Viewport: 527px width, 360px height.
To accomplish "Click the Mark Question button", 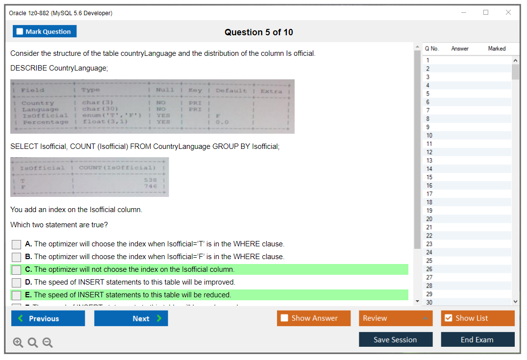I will [x=45, y=31].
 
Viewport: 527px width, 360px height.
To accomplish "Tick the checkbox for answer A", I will [x=17, y=244].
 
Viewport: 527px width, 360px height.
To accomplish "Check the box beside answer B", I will [x=17, y=257].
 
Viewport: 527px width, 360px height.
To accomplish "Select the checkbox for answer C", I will [x=17, y=270].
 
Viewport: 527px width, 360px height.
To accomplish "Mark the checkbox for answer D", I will [x=17, y=283].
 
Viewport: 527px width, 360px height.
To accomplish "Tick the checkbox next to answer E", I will [x=17, y=295].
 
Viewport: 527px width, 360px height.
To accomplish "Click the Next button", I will [x=131, y=318].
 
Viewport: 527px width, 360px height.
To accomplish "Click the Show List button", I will [x=477, y=318].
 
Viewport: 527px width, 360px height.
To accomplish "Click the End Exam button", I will [x=477, y=339].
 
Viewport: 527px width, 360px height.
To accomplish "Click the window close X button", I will [x=508, y=13].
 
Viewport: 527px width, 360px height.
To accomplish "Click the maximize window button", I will [x=486, y=13].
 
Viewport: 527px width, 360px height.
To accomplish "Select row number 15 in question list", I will [x=429, y=177].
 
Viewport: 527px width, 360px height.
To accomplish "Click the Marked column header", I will [x=497, y=48].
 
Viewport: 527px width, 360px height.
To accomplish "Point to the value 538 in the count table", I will [x=151, y=180].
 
